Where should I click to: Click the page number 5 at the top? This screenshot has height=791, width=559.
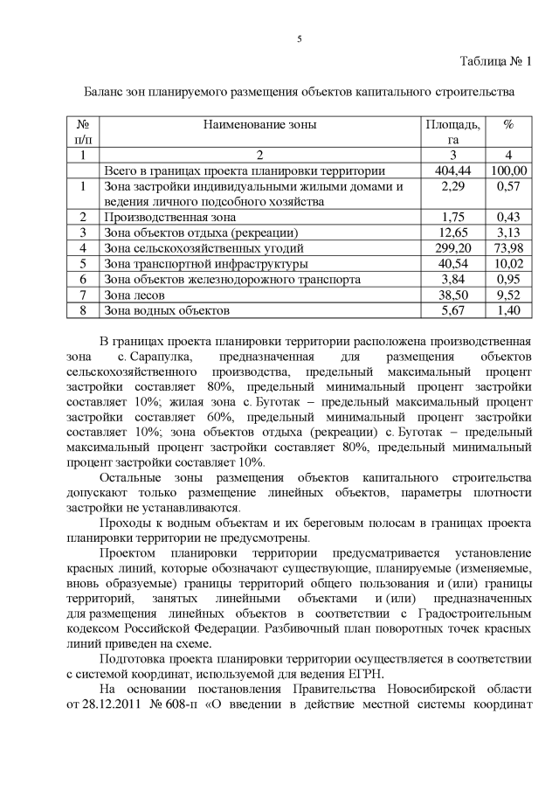pos(299,39)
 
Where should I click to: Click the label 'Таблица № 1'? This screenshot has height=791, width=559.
pos(495,60)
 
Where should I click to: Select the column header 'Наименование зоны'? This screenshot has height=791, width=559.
pos(260,126)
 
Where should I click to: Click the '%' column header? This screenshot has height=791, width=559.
pos(507,126)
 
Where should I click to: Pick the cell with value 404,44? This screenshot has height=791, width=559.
pos(452,170)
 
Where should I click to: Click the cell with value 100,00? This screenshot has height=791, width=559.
pos(507,170)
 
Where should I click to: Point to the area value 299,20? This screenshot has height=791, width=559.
pos(452,247)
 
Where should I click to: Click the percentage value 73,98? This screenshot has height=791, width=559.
pos(507,247)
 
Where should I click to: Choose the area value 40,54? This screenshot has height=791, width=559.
pos(452,263)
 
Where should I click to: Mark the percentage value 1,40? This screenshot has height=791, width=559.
pos(507,310)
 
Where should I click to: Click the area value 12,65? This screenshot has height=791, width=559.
pos(452,232)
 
